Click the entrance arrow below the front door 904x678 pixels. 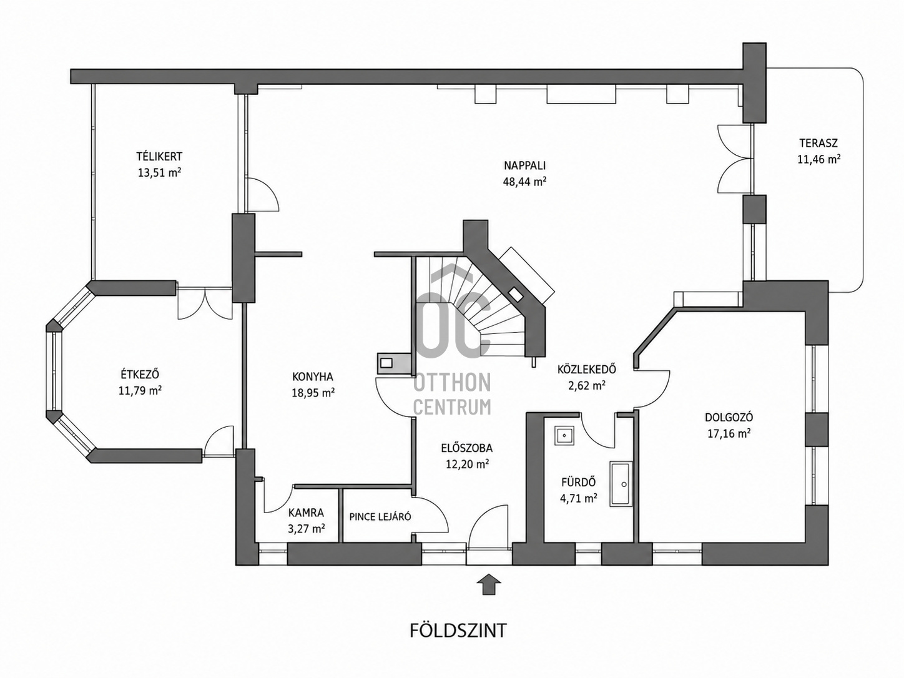click(x=488, y=584)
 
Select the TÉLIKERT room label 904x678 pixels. click(x=159, y=157)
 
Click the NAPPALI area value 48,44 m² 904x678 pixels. click(x=524, y=182)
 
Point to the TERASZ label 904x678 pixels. click(x=818, y=143)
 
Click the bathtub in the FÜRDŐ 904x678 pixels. click(x=621, y=484)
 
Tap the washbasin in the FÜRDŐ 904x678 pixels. click(x=564, y=435)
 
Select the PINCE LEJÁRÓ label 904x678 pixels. click(x=380, y=517)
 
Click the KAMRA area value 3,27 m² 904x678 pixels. click(x=307, y=529)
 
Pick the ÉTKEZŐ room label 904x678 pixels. click(x=140, y=374)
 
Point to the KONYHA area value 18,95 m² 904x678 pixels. click(x=313, y=393)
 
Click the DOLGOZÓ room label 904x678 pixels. click(x=729, y=417)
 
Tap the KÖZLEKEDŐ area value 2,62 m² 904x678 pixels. click(x=587, y=386)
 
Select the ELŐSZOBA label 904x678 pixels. click(x=466, y=448)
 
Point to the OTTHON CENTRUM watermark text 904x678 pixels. click(x=452, y=395)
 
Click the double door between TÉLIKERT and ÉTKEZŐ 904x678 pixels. click(x=205, y=303)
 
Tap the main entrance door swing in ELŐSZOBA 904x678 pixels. click(x=488, y=525)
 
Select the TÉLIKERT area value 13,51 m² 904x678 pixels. click(x=159, y=172)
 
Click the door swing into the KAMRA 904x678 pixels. click(x=278, y=498)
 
